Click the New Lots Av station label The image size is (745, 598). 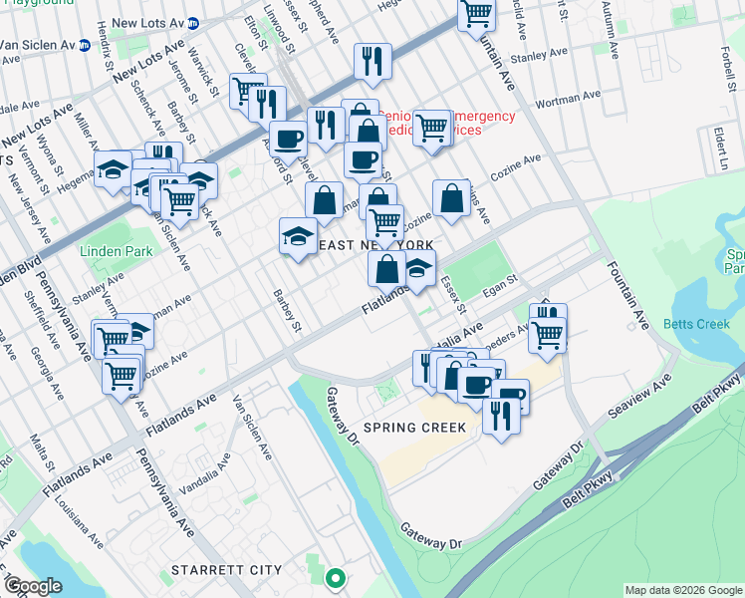click(x=149, y=21)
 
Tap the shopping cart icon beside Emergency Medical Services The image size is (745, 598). click(x=431, y=127)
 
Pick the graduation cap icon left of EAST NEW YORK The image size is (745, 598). click(x=298, y=236)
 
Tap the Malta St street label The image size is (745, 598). click(x=43, y=452)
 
